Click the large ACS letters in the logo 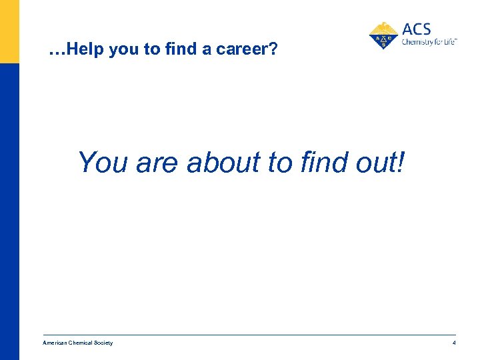click(417, 29)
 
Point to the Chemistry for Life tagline click(429, 42)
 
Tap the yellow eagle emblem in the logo click(383, 35)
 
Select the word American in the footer click(55, 343)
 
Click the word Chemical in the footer click(82, 343)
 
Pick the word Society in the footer click(104, 343)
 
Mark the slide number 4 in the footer click(454, 343)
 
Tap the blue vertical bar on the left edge click(9, 213)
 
